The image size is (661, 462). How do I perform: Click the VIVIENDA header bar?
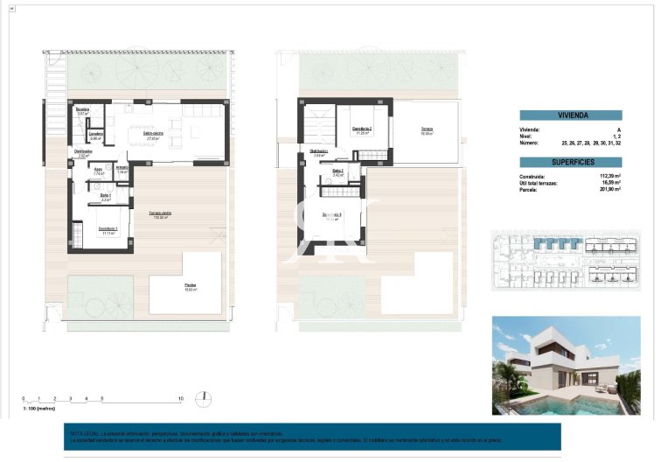point(570,115)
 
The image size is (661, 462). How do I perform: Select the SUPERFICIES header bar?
point(570,162)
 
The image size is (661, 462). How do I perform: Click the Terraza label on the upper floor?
point(428,129)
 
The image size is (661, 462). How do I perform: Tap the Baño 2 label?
point(337,171)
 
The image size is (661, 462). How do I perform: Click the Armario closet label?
point(122,168)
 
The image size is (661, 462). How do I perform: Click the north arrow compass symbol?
point(203,398)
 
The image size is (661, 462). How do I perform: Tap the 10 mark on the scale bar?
point(179,399)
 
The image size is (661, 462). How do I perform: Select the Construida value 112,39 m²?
point(609,176)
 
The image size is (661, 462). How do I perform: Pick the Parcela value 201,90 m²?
point(609,188)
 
